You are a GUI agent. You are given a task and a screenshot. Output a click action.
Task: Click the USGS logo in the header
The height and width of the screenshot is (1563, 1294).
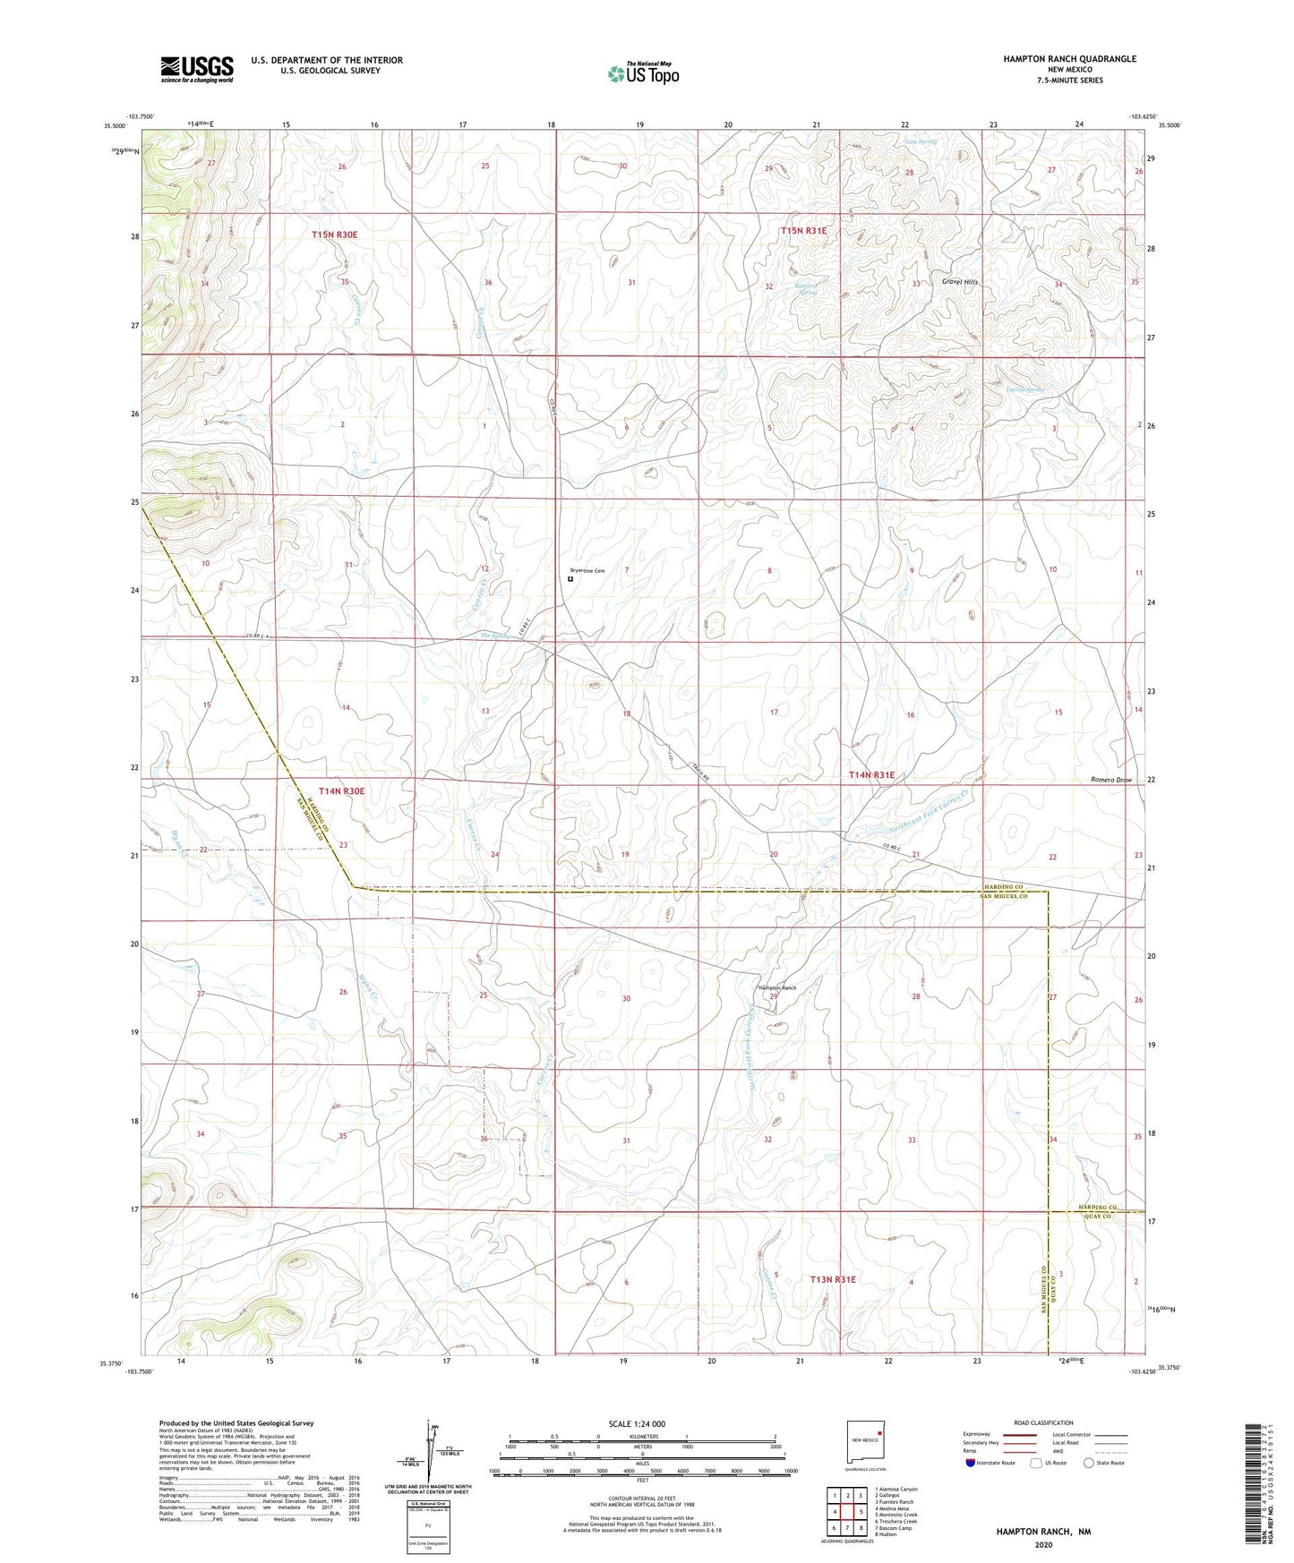tap(196, 69)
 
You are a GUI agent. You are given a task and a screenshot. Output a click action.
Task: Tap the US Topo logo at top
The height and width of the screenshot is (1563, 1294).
tap(643, 73)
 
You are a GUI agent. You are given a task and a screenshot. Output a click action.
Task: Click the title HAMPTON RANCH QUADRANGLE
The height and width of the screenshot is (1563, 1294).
tap(1069, 59)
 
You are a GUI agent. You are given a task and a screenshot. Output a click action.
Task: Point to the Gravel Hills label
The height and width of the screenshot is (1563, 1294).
tap(959, 282)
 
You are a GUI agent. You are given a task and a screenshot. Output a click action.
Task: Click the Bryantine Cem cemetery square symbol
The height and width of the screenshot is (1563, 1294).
tap(570, 579)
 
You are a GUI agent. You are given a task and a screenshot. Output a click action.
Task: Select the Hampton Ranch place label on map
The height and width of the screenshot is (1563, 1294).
tap(776, 988)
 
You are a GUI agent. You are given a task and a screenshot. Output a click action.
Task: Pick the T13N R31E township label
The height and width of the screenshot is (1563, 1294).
tap(833, 1279)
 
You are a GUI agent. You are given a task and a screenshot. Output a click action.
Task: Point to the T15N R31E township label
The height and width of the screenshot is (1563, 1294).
tap(803, 231)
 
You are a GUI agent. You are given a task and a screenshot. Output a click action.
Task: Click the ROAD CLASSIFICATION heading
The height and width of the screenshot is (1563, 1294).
tap(1044, 1422)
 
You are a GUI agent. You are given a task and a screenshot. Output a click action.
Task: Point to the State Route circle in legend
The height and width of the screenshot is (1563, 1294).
tap(1089, 1463)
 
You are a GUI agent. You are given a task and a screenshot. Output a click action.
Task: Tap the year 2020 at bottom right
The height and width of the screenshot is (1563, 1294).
tap(1042, 1544)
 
